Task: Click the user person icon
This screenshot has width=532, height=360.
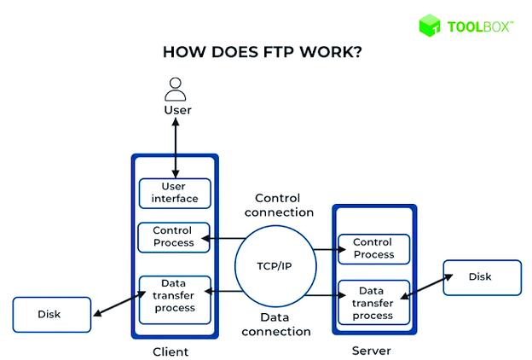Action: [x=176, y=88]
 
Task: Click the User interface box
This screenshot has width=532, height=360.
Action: [x=174, y=193]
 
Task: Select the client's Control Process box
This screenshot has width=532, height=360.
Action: [x=173, y=236]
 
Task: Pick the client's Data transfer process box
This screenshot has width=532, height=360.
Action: [x=174, y=294]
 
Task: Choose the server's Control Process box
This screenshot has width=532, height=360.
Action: [x=373, y=248]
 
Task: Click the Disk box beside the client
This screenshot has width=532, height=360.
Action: [x=49, y=315]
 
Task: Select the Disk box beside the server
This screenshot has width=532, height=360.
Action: [x=480, y=277]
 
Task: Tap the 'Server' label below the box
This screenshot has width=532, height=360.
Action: [x=373, y=351]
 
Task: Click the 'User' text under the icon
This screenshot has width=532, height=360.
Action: [x=177, y=110]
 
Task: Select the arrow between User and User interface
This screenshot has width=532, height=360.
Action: [x=176, y=148]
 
